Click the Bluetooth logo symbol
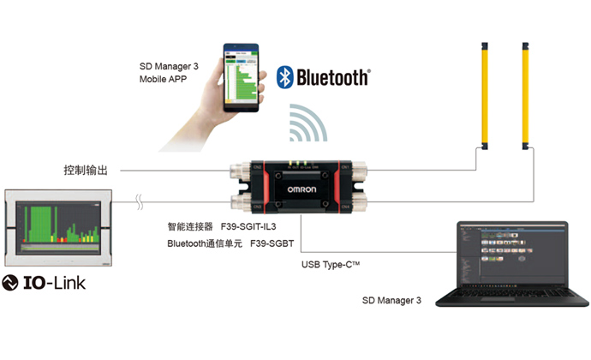[285, 78]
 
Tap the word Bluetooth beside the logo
[332, 78]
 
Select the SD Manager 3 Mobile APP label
[169, 73]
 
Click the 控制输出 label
[87, 170]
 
